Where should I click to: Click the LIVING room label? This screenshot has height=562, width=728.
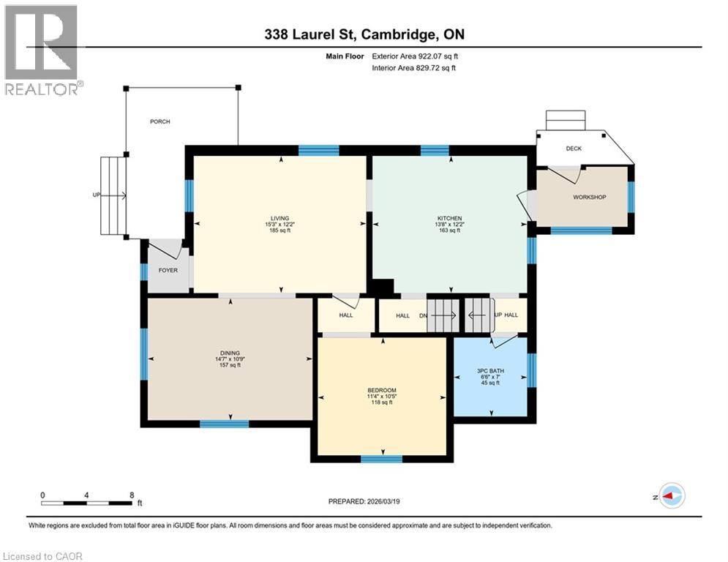click(x=279, y=218)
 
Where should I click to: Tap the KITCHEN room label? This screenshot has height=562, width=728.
click(x=449, y=218)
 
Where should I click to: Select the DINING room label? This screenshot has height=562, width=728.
click(x=228, y=353)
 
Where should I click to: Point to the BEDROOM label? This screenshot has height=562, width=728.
click(x=381, y=390)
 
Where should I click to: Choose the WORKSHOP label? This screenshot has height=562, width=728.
click(x=589, y=197)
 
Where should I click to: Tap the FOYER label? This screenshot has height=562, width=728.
click(x=168, y=270)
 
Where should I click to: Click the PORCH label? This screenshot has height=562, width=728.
click(x=160, y=121)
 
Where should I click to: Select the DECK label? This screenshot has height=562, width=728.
click(x=574, y=149)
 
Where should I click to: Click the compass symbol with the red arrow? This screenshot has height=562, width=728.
click(x=671, y=495)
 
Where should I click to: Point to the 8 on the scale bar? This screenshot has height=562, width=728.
click(x=131, y=495)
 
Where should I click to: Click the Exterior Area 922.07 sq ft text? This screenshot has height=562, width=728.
click(x=416, y=55)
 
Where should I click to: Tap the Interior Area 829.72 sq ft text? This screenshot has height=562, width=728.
click(x=414, y=67)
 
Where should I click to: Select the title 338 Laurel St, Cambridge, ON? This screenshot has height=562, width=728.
click(x=364, y=34)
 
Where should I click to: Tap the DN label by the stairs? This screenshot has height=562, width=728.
click(x=422, y=315)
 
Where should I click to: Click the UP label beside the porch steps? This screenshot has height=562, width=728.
click(x=96, y=195)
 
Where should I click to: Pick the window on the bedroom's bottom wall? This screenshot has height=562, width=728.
click(x=381, y=459)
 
